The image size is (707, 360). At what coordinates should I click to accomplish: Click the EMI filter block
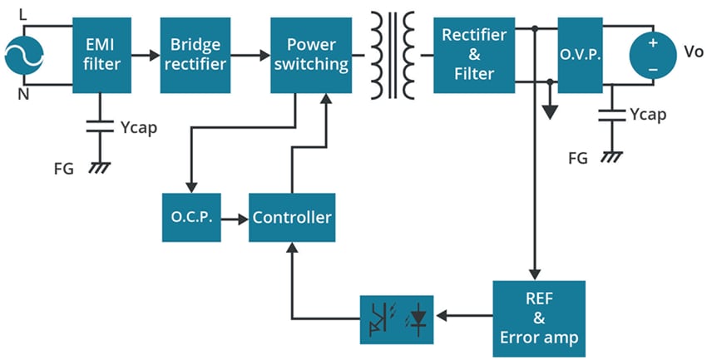[x=102, y=55]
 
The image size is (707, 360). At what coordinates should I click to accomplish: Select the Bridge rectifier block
[x=195, y=55]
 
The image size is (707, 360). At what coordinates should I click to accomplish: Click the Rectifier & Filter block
[x=474, y=55]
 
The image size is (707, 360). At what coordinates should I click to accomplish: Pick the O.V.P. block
[x=579, y=55]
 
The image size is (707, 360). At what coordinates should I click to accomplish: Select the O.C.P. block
[x=191, y=218]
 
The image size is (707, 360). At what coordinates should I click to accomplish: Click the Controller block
[x=292, y=218]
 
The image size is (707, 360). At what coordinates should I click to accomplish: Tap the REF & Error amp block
[x=538, y=317]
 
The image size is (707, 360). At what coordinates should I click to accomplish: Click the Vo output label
[x=693, y=52]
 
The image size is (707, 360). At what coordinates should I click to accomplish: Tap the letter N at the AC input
[x=22, y=92]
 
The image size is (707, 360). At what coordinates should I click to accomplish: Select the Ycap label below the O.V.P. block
[x=647, y=116]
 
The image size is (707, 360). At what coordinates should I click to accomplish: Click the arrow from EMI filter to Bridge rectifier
[x=146, y=56]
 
